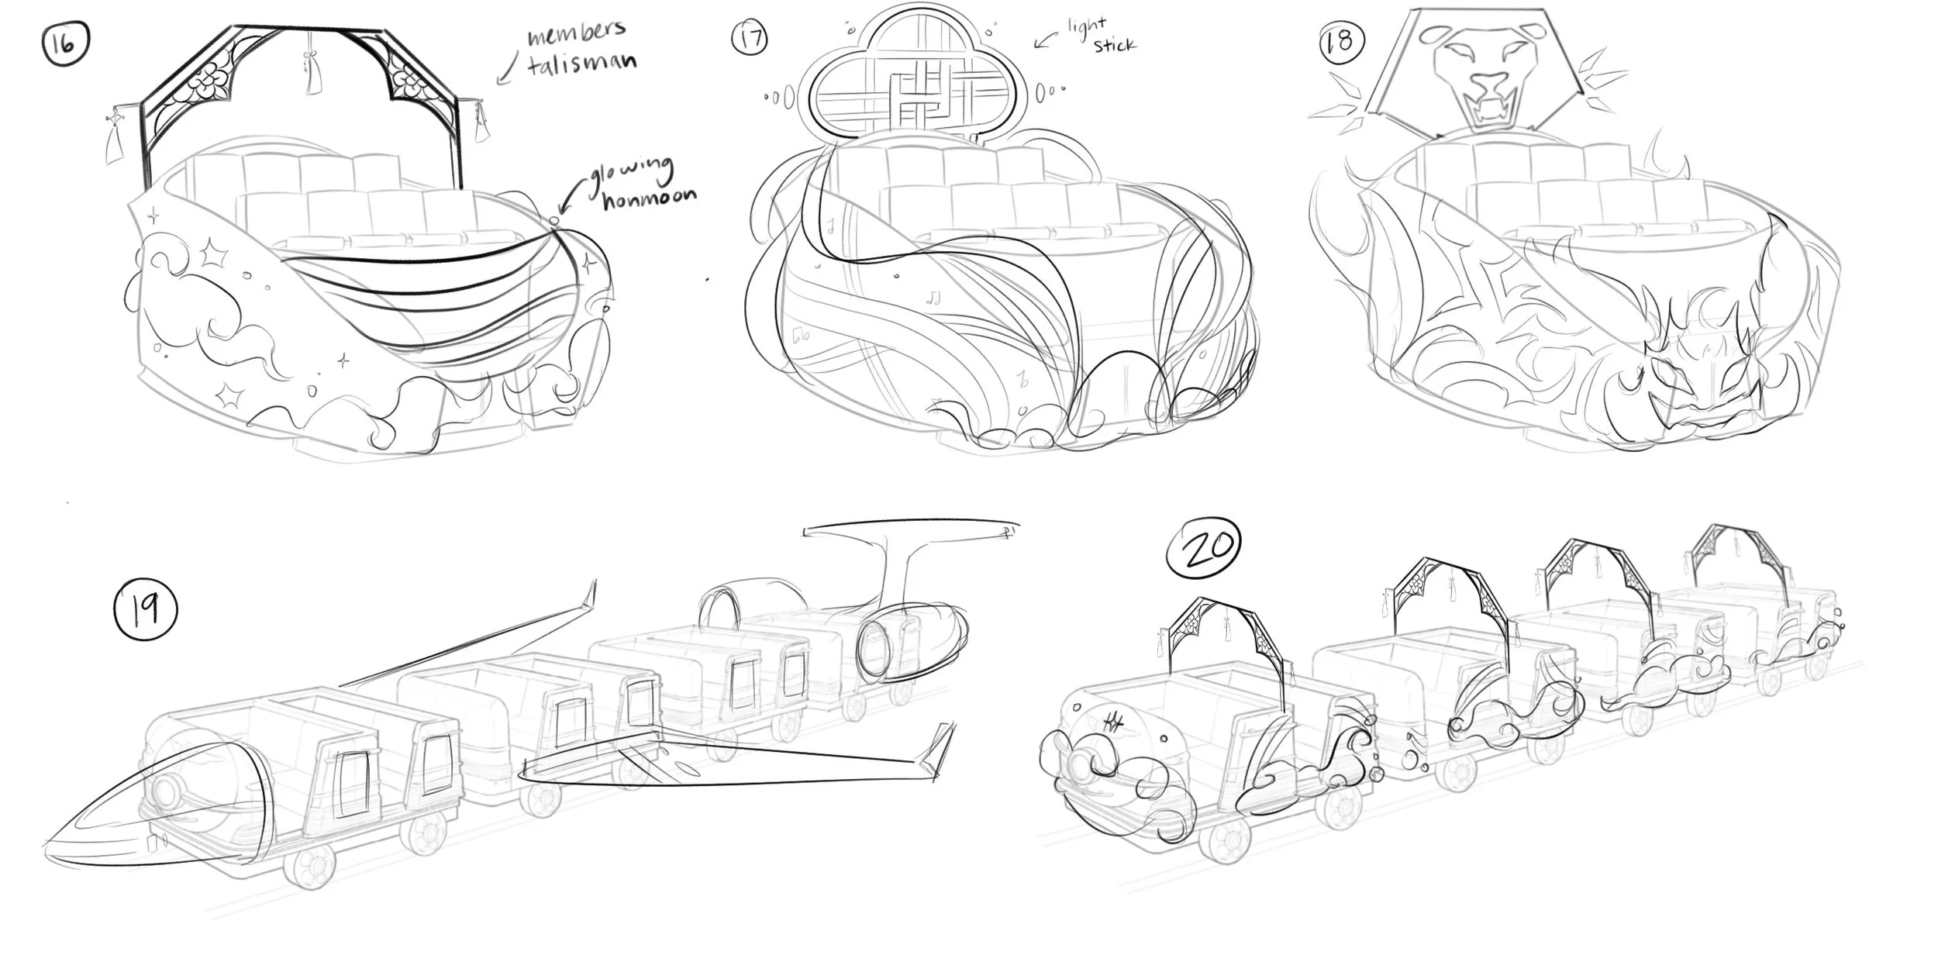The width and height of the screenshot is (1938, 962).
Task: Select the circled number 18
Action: coord(1341,41)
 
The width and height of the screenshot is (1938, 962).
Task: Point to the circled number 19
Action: coord(146,610)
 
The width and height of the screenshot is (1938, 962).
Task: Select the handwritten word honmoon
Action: coord(650,199)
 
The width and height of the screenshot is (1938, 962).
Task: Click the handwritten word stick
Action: coord(1114,45)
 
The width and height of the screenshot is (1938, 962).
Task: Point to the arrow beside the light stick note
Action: coord(1047,39)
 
